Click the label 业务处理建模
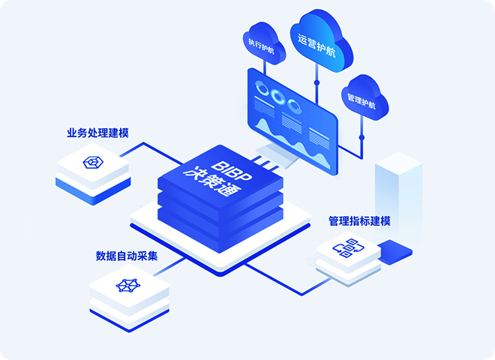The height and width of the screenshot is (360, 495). pos(97,133)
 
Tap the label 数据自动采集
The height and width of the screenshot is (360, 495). pos(127,256)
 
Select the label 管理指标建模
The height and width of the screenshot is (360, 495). pos(359,221)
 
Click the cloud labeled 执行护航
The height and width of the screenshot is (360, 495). pos(263,43)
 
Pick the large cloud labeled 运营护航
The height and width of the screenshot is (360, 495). pos(320,41)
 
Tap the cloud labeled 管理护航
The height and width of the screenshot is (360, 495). pos(364,98)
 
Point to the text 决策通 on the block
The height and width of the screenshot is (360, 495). pos(212,181)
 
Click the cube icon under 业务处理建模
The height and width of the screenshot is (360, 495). pos(93,163)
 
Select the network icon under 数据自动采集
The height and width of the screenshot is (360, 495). pos(127,285)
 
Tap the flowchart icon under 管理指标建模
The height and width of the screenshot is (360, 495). pos(349,248)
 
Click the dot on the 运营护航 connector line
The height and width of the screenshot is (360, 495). pos(317,82)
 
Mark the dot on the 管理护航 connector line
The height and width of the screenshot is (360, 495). pos(361,138)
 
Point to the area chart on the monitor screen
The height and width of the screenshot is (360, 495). pos(292,142)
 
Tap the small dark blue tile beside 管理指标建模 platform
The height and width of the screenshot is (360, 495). pos(395,252)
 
